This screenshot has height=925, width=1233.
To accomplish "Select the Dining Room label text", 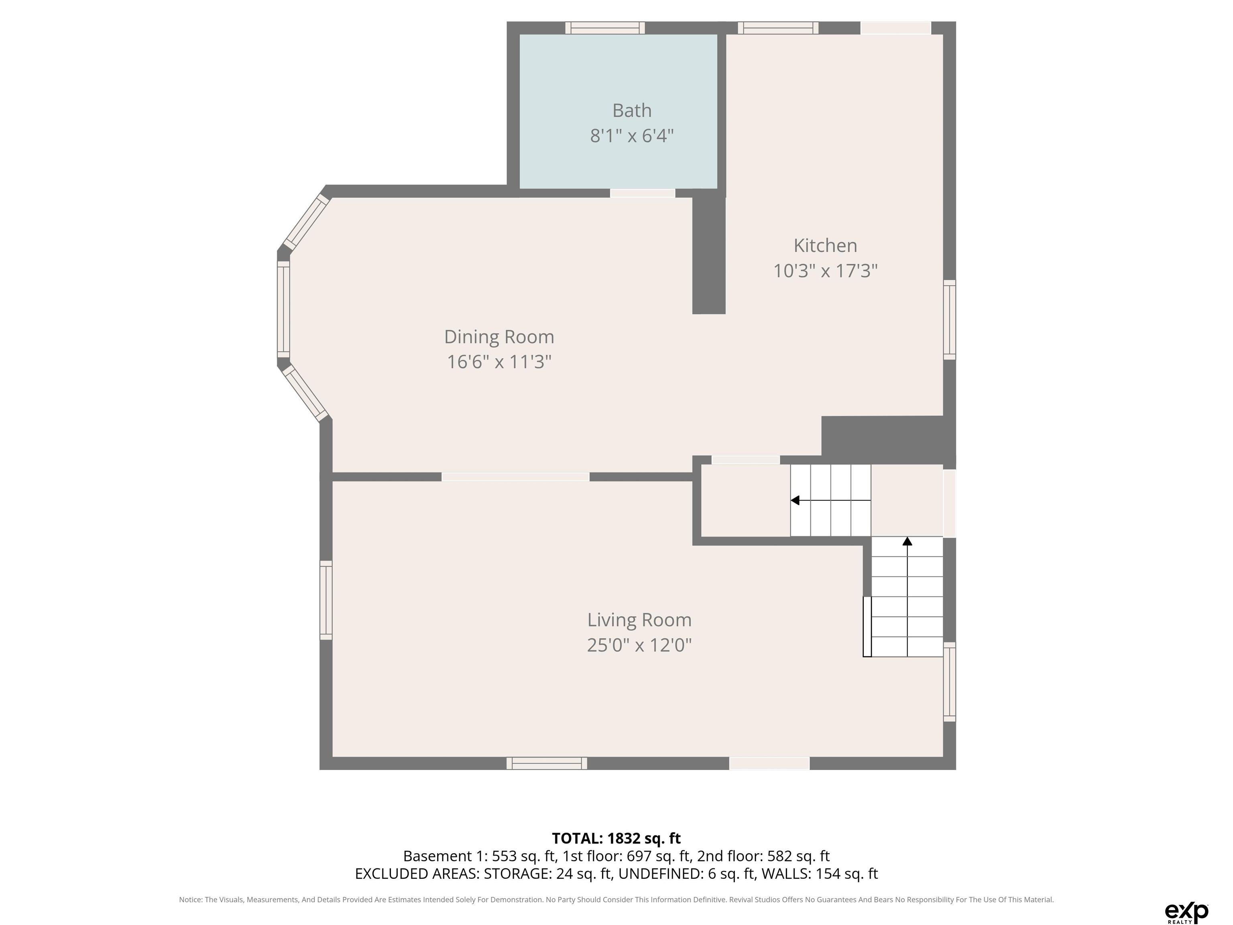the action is (x=499, y=337).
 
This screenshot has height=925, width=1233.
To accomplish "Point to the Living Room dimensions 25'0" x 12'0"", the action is (x=639, y=645).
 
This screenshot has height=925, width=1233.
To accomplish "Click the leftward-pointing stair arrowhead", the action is (x=795, y=500).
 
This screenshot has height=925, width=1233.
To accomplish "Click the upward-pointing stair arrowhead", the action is (x=907, y=541).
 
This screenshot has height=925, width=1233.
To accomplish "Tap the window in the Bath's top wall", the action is (x=605, y=28).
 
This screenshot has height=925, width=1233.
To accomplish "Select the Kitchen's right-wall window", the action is (x=949, y=320).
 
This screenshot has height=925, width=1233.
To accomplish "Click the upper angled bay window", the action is (x=306, y=221).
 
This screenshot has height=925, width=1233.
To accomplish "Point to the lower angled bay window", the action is (x=306, y=393).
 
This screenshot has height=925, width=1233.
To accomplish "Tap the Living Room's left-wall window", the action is (x=326, y=600).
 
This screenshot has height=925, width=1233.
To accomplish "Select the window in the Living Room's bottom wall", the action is (x=546, y=763).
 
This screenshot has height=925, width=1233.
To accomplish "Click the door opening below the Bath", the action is (x=642, y=193).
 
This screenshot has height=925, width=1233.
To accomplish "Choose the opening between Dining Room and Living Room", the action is (x=516, y=477).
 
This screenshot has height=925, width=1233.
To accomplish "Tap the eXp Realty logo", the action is (x=1186, y=912).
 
